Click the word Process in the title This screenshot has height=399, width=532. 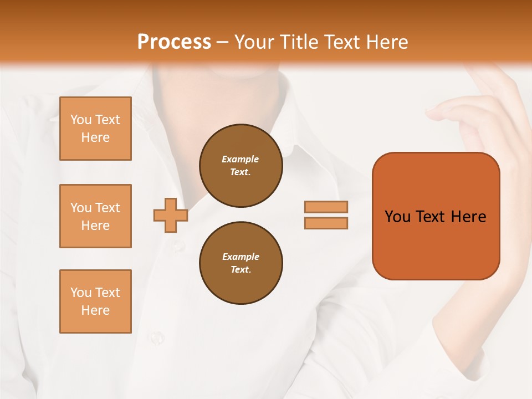[174, 42]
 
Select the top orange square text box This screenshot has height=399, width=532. [95, 129]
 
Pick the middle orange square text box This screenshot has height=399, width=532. [95, 216]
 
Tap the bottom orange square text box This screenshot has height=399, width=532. [95, 301]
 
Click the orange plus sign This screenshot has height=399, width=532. [171, 215]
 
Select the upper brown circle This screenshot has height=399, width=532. [241, 166]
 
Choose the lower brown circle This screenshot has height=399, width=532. [241, 263]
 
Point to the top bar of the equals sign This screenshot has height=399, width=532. [326, 207]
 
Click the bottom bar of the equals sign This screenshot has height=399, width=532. [326, 223]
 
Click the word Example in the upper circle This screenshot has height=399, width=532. [240, 159]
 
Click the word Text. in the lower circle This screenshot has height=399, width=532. [241, 269]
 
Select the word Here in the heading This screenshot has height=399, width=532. [387, 42]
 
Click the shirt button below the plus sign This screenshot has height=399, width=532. [178, 244]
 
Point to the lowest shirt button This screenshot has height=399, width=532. [157, 336]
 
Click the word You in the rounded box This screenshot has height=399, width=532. [397, 217]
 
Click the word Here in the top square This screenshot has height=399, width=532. [95, 137]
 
